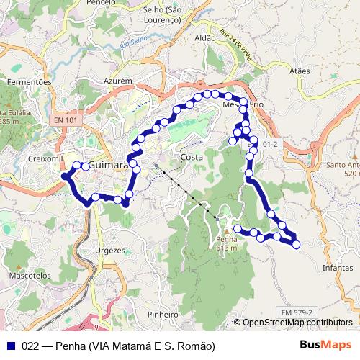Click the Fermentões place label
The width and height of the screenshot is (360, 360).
(x=30, y=82)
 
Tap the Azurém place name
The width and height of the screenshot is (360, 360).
(x=119, y=81)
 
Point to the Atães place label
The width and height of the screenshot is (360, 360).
(x=298, y=71)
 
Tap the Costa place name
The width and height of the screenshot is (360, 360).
(x=192, y=157)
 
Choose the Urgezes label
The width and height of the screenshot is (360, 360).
(x=110, y=251)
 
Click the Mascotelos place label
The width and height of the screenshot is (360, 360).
(x=30, y=276)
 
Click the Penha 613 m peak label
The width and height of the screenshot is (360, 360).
(x=225, y=243)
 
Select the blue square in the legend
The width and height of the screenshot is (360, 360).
(x=9, y=346)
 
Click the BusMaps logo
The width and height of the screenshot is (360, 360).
(x=325, y=345)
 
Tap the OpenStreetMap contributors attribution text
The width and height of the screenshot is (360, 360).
(x=297, y=323)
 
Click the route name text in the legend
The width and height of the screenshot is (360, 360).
(x=109, y=346)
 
